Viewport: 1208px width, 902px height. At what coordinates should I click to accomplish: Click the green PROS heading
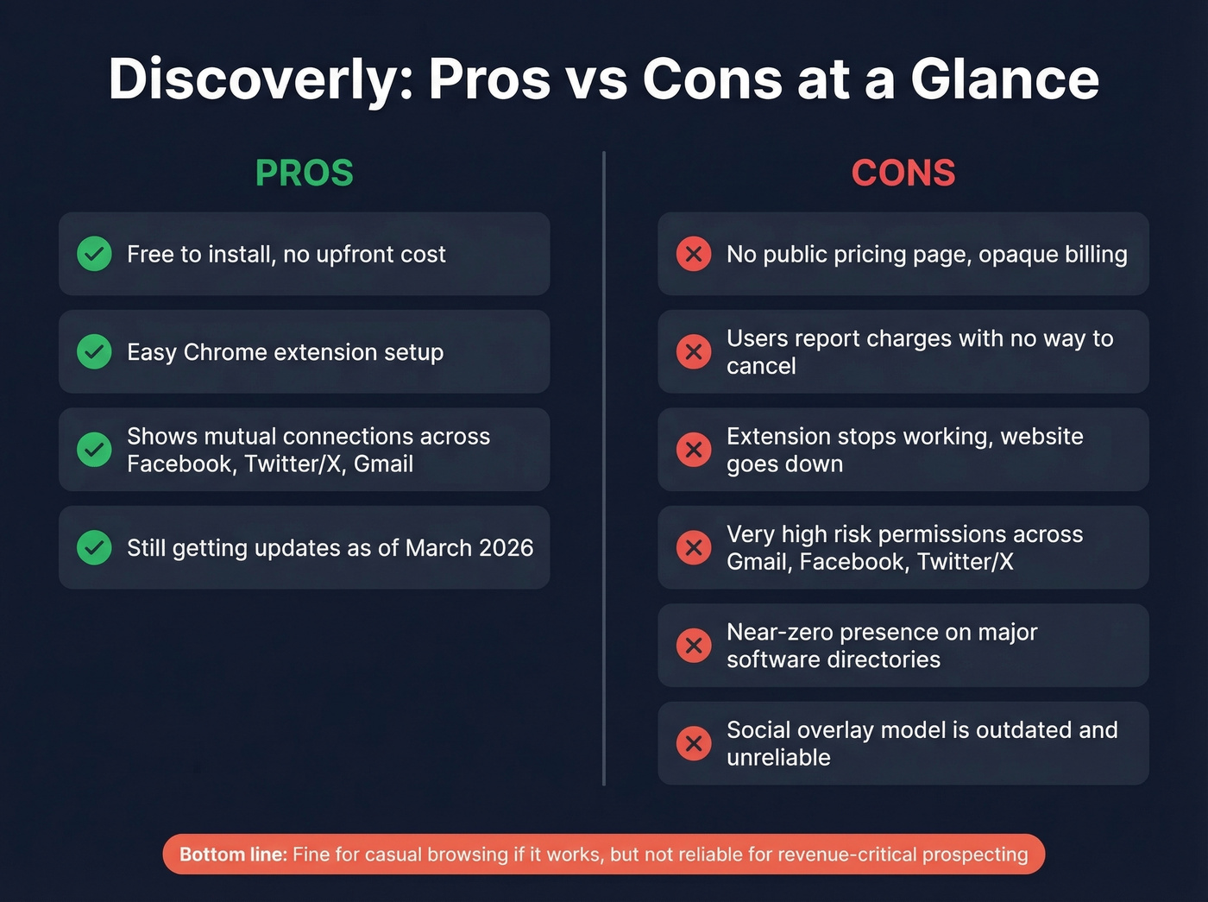point(304,173)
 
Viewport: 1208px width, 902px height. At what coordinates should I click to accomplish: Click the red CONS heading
point(903,173)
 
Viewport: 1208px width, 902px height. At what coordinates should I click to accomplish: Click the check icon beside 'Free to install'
point(94,254)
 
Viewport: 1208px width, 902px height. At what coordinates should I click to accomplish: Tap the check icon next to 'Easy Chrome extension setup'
point(94,351)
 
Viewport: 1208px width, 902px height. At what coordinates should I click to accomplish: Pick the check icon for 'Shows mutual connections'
point(94,450)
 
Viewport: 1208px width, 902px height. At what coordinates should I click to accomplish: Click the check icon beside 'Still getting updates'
point(94,547)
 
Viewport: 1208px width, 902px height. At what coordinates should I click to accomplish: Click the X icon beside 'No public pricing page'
point(694,254)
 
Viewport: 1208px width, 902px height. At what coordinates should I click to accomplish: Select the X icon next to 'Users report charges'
point(694,351)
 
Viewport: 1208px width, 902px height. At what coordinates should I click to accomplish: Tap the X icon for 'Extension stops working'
point(694,450)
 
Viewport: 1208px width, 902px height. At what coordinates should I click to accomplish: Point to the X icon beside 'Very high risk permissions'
point(694,547)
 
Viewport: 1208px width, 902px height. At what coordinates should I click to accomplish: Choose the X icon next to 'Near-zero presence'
point(694,645)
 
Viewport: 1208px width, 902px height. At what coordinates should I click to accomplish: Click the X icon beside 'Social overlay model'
point(694,743)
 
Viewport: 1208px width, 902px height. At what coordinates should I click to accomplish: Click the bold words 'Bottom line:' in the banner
point(233,855)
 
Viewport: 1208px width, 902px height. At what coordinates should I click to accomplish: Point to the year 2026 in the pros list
point(506,548)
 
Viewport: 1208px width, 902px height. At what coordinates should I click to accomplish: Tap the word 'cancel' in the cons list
point(761,366)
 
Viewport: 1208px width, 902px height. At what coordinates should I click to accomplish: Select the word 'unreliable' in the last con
point(778,758)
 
